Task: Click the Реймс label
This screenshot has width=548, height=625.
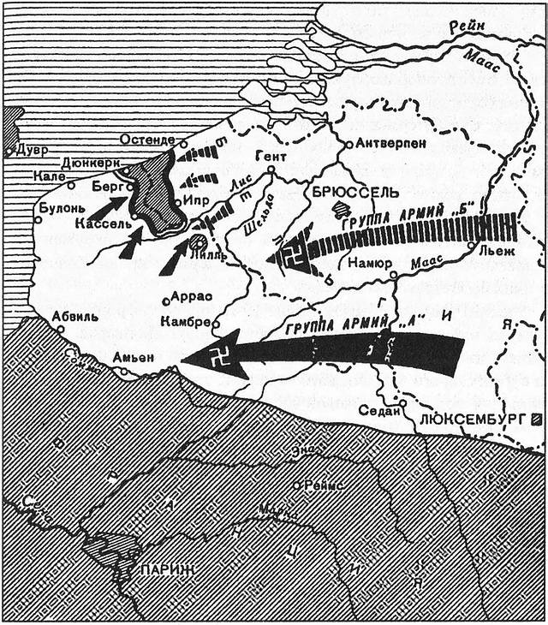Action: point(323,485)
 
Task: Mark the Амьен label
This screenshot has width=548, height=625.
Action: point(131,358)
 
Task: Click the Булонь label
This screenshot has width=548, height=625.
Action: point(61,207)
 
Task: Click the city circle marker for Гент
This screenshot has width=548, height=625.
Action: point(271,170)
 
